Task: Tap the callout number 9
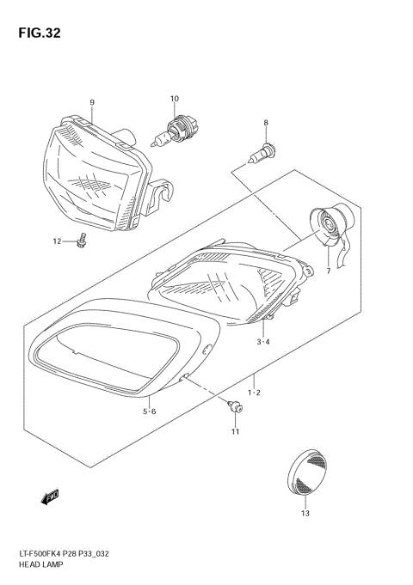click(x=91, y=103)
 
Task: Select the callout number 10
click(x=174, y=99)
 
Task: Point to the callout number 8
click(x=266, y=123)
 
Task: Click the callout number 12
click(x=58, y=241)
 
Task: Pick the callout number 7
click(x=327, y=271)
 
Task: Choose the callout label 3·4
click(x=262, y=343)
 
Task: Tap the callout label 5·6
click(x=149, y=411)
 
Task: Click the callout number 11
click(x=234, y=431)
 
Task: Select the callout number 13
click(x=305, y=514)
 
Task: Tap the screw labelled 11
click(x=232, y=407)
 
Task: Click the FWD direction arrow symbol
click(x=48, y=497)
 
